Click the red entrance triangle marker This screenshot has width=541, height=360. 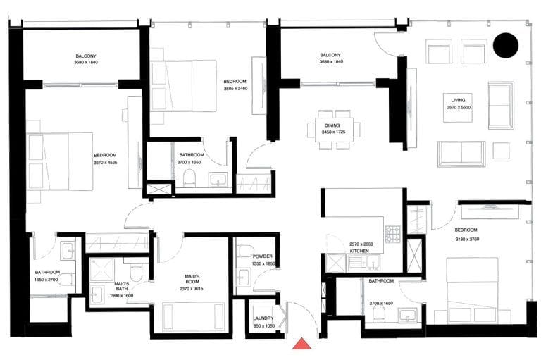(302, 344)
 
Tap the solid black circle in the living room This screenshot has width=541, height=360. (505, 46)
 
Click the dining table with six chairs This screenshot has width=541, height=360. (334, 130)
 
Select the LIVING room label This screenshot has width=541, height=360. (459, 100)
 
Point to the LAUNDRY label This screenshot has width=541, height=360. (263, 318)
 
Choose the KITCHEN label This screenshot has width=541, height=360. (360, 251)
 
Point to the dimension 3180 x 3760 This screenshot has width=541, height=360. (466, 238)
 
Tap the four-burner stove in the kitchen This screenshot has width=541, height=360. (392, 232)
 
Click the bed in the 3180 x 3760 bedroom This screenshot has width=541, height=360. (472, 290)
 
